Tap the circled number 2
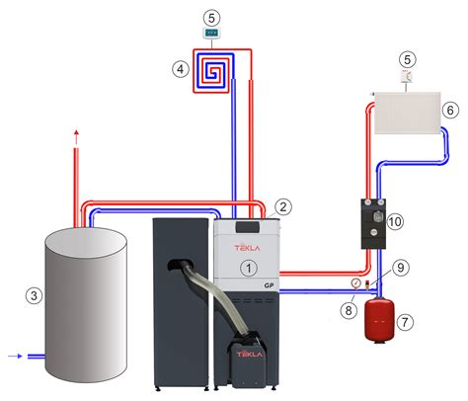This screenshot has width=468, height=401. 282,207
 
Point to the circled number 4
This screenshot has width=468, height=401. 179,69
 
